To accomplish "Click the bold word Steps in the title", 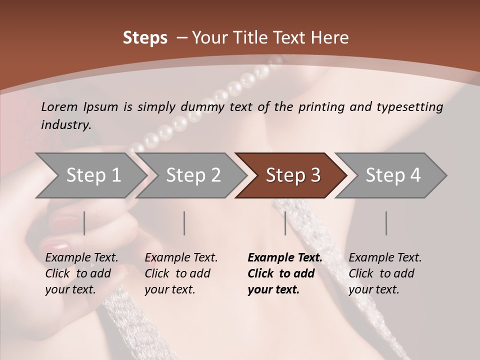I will [x=145, y=38].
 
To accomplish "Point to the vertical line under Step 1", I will [x=84, y=223].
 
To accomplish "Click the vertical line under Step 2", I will [x=184, y=223].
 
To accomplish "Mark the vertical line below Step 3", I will [x=285, y=223].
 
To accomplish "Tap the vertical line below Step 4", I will [x=386, y=223].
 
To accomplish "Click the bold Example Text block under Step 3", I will [x=284, y=273].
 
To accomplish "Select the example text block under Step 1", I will [x=81, y=273].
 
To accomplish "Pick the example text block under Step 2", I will [x=181, y=273].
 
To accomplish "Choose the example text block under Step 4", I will [x=385, y=273].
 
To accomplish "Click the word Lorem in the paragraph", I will [x=59, y=106].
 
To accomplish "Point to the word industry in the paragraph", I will [x=66, y=124].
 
